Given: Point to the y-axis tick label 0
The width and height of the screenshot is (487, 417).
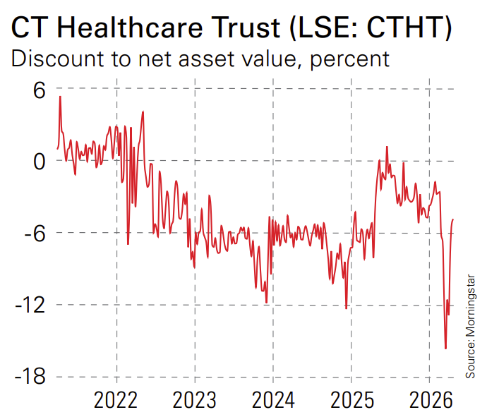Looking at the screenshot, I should pos(37,161).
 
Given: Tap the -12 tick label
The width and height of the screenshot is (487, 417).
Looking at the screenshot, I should pos(27,305).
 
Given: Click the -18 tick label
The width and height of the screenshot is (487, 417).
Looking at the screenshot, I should pos(27,377).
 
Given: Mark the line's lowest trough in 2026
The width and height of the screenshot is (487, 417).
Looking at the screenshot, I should pos(445,348).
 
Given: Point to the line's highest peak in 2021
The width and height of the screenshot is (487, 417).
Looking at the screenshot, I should pos(60,97).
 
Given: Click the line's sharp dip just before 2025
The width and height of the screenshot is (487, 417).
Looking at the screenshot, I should pos(346,308).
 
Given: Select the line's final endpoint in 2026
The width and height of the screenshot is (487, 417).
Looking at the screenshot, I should pos(452,219).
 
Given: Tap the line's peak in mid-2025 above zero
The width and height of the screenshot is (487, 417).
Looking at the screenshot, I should pos(387,147).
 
